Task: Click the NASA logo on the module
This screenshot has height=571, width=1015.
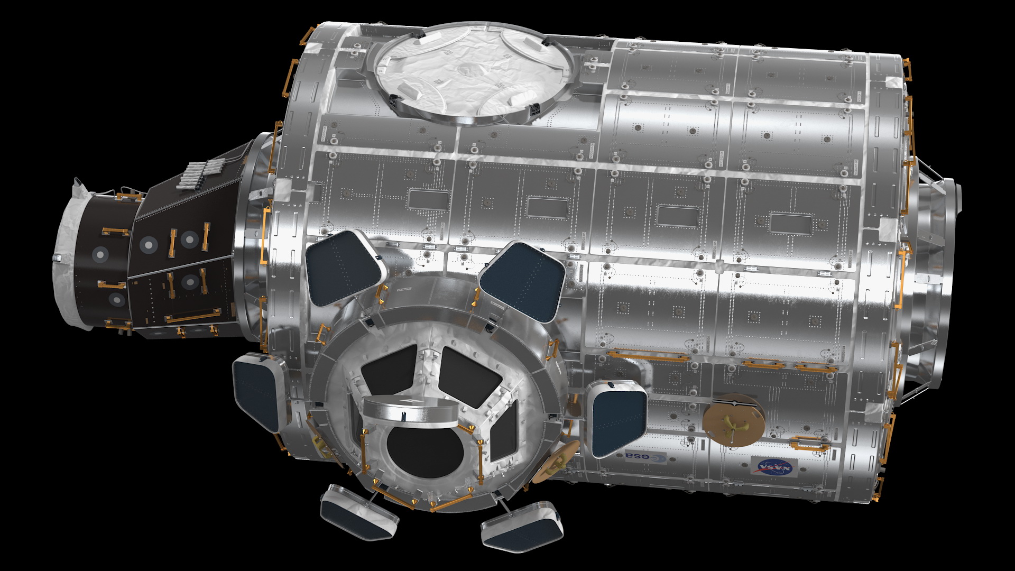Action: (774, 466)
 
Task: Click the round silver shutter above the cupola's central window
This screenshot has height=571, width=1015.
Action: (412, 410)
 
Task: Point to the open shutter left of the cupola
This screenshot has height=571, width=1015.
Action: (259, 391)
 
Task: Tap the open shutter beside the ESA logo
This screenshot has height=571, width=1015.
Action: (616, 418)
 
